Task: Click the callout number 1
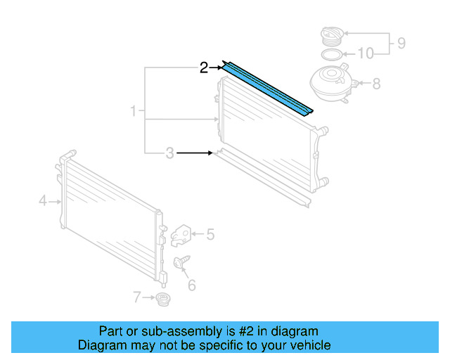(134, 111)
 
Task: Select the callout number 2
(204, 67)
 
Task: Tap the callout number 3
(169, 153)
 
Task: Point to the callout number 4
(42, 202)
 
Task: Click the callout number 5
(210, 235)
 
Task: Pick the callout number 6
(191, 285)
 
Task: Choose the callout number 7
(136, 297)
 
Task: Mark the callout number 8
(376, 84)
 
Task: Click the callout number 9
(401, 44)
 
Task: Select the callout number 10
(366, 53)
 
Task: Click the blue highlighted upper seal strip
(267, 88)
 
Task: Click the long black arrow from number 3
(194, 153)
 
